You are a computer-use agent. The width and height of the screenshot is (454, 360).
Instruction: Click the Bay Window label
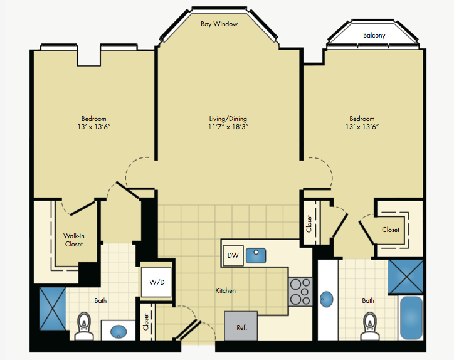(219, 24)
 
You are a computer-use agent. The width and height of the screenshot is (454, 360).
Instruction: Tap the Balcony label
(374, 35)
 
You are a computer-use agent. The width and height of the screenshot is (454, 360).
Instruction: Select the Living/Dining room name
(228, 119)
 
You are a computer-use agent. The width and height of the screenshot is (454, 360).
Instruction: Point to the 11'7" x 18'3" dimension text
(228, 127)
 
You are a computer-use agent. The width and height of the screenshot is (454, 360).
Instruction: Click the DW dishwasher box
(233, 255)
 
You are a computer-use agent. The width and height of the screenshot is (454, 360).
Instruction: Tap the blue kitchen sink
(256, 256)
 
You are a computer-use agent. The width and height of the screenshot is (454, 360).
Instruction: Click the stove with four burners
(300, 292)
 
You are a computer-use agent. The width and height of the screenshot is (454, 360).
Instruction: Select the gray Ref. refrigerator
(241, 326)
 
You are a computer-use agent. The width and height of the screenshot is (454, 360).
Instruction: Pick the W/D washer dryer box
(156, 282)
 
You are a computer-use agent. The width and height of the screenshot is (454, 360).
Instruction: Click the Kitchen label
(225, 290)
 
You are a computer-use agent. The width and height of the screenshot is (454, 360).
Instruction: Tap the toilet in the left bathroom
(84, 326)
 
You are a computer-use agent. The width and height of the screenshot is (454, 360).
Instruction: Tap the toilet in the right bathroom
(370, 326)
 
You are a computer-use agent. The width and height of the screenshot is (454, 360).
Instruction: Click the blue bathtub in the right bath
(411, 318)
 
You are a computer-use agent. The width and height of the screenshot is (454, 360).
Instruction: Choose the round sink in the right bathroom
(327, 299)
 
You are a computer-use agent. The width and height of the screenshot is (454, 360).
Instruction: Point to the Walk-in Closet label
(74, 240)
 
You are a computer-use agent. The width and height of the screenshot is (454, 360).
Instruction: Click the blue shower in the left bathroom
(53, 309)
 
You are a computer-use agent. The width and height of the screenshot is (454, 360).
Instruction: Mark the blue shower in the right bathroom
(406, 277)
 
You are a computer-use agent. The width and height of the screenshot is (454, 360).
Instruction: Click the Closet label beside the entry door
(146, 322)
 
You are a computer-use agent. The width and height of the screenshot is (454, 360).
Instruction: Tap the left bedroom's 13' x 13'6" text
(94, 127)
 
